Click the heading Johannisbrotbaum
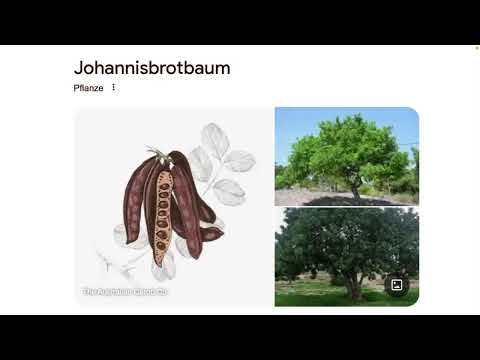click(151, 68)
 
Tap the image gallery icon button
click(397, 285)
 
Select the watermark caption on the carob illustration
click(125, 292)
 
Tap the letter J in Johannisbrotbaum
click(79, 68)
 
